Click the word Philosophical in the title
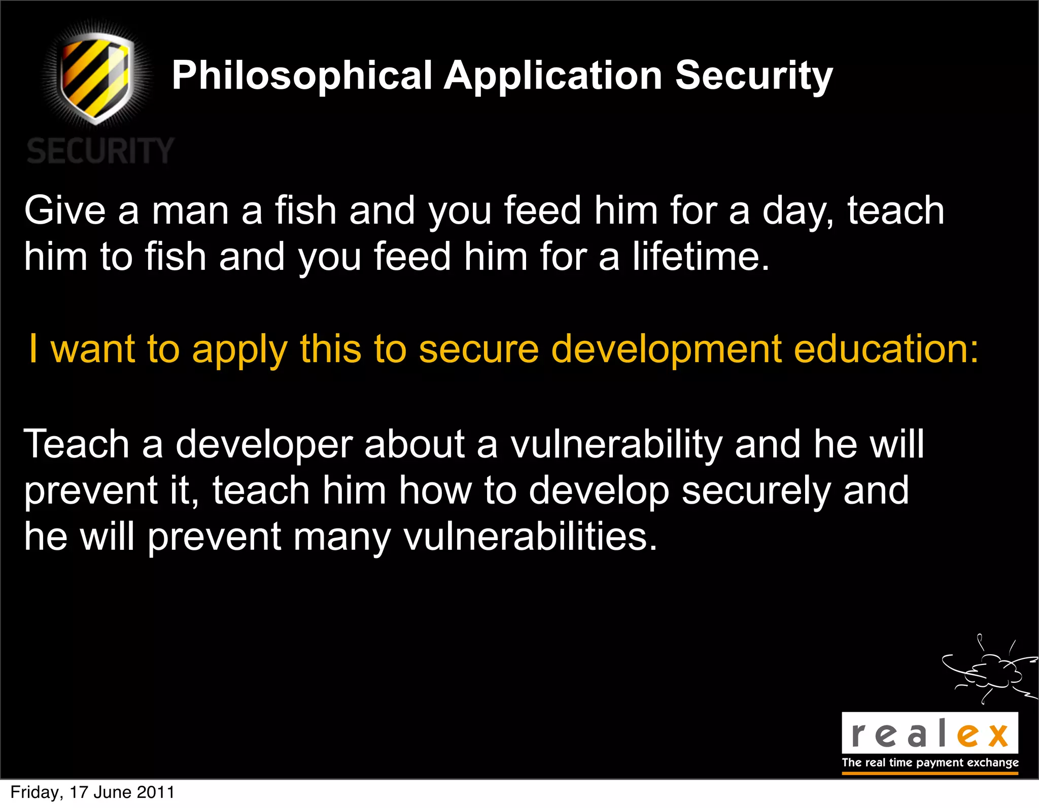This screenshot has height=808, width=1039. point(302,76)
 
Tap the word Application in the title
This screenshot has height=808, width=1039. point(553,76)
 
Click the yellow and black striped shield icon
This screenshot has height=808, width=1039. point(96,76)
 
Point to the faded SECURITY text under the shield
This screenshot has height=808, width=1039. point(100,151)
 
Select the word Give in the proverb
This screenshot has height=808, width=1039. point(65,210)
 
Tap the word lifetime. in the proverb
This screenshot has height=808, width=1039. point(701,257)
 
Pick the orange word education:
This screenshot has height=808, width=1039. point(886,349)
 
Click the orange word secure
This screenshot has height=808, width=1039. point(478,349)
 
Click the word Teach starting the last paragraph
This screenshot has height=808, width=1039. point(77,444)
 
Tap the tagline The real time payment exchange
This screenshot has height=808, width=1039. point(930,762)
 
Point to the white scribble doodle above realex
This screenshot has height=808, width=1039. point(989,670)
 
